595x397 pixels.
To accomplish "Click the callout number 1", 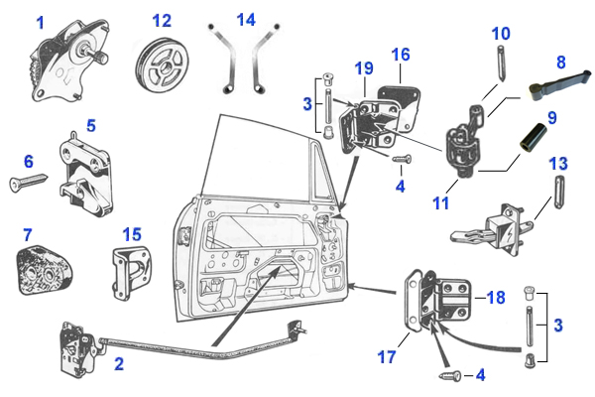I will (x=41, y=22).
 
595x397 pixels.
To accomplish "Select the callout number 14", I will (x=245, y=20).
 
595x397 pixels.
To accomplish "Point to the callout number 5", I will (x=90, y=126).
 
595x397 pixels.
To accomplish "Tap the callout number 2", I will (x=119, y=364).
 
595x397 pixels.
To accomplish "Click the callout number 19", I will (x=364, y=68).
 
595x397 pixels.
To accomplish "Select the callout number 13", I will (x=557, y=163).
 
